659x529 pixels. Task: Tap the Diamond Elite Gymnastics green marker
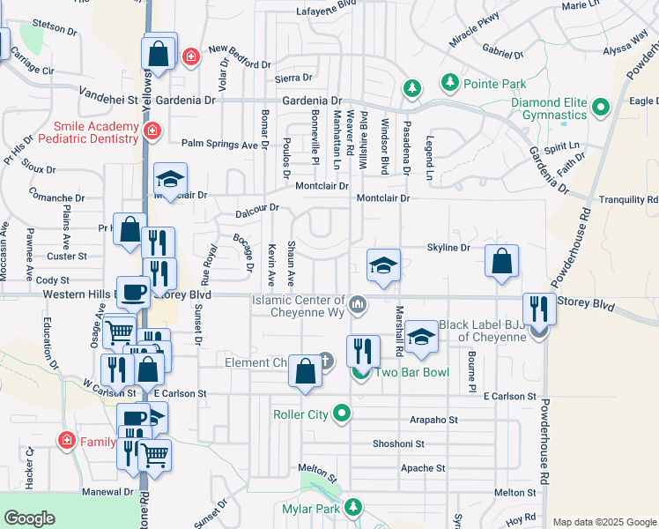tap(602, 108)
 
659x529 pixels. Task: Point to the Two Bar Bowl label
tap(412, 372)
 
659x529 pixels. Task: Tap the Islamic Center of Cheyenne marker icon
tap(358, 306)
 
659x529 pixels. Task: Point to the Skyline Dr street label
tap(455, 248)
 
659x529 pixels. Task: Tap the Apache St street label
tap(423, 468)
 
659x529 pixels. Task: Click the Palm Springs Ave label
tap(219, 143)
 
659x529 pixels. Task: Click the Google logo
tap(30, 518)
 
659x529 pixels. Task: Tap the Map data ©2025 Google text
tap(603, 522)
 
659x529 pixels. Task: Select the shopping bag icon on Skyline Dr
tap(501, 261)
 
